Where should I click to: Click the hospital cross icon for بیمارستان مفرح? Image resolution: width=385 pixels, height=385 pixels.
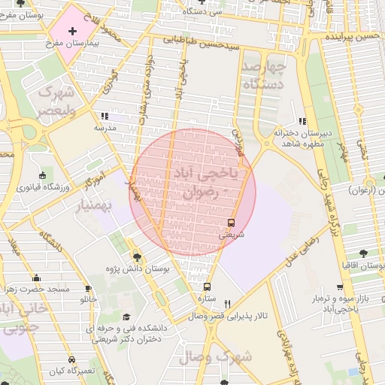point(72,31)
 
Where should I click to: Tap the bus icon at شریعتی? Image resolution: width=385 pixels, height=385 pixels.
point(231,223)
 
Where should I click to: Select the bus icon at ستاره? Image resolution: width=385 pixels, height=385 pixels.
point(208,286)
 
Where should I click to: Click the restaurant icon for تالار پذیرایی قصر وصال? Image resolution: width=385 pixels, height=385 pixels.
point(227,303)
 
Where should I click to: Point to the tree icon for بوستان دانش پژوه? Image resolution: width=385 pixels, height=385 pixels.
point(136,256)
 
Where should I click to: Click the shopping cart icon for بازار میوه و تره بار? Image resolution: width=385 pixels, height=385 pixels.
point(340,287)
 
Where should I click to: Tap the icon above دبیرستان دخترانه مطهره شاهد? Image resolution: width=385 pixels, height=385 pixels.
point(302,120)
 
